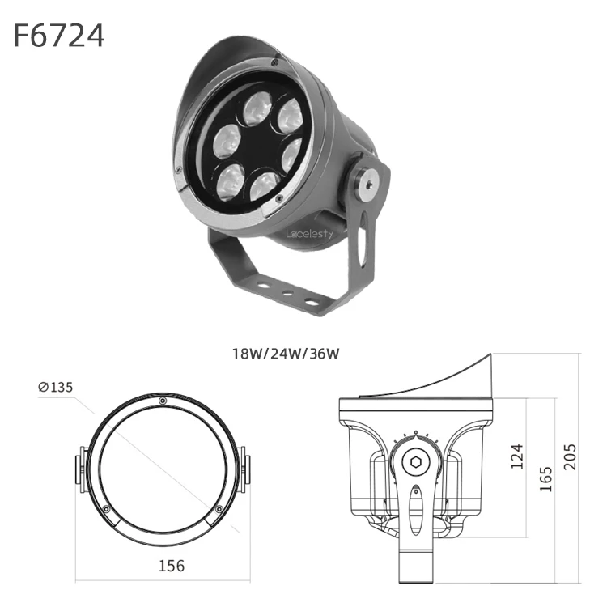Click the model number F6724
coord(59,36)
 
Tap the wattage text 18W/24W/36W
coord(286,354)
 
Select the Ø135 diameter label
coord(56,387)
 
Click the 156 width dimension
coord(172,566)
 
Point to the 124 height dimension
coord(517,456)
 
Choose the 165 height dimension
coord(545,479)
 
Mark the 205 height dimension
coord(570,456)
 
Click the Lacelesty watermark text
coord(309,233)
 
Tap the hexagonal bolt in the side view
coord(416,462)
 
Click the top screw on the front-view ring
coord(163,401)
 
